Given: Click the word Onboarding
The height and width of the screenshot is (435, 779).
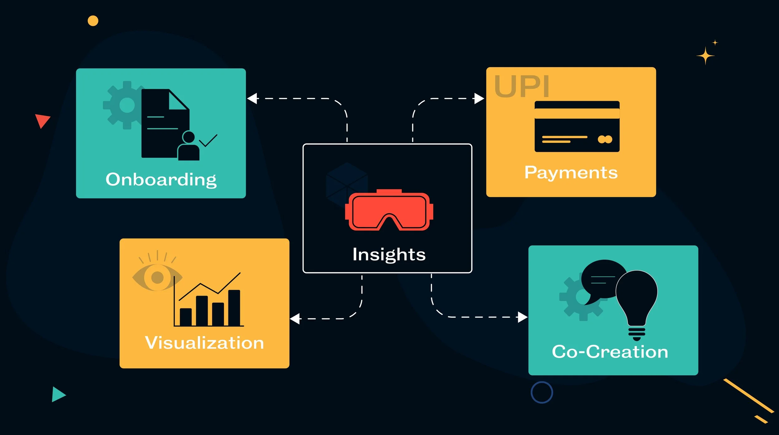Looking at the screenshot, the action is (x=161, y=180).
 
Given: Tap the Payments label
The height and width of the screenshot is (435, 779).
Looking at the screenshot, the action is (x=571, y=172).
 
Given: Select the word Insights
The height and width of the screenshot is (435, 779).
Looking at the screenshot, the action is (x=389, y=254).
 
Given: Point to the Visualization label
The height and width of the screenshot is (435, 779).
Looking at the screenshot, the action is (x=204, y=343).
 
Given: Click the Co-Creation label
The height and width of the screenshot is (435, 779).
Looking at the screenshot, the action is (x=610, y=352).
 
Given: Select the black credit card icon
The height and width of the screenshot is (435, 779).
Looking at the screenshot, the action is (x=577, y=127).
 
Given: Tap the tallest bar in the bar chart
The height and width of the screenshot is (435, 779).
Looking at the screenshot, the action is (x=234, y=308).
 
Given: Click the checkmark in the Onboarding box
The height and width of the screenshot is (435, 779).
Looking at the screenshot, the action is (x=208, y=141).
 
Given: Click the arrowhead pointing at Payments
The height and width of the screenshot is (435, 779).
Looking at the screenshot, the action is (x=479, y=99).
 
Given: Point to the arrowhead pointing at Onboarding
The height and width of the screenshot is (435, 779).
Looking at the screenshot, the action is (x=252, y=99).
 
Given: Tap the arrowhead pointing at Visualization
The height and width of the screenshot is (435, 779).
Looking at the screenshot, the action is (x=295, y=319).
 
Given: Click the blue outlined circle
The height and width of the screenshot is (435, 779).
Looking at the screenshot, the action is (x=542, y=392).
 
